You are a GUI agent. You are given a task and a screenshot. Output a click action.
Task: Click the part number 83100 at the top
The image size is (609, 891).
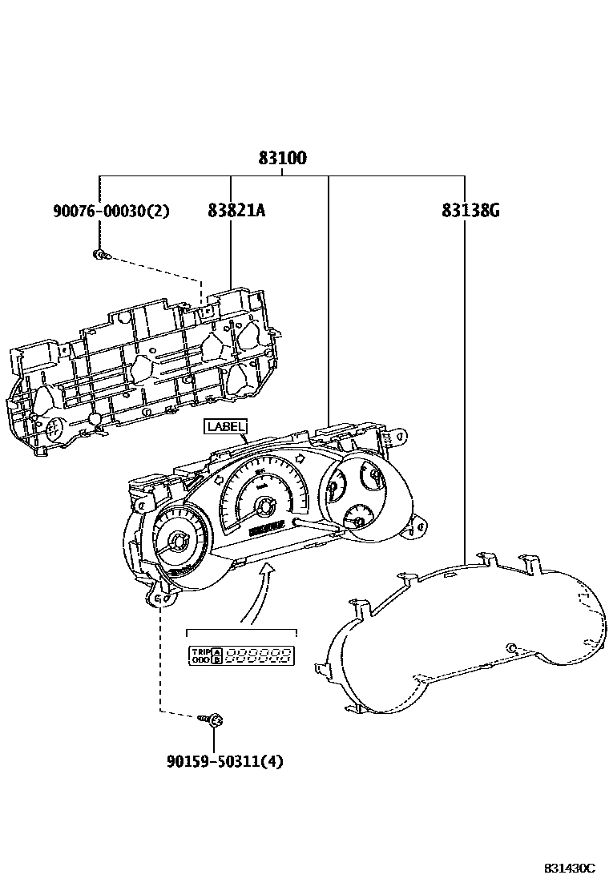[282, 159]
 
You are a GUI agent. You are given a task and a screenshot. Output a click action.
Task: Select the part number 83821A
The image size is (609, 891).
[236, 211]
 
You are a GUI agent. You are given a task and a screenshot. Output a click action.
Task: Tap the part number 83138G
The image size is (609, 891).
[470, 211]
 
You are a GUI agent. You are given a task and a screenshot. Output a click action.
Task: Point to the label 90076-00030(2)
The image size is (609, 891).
[111, 211]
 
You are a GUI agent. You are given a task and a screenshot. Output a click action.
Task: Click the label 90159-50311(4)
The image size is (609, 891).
[225, 761]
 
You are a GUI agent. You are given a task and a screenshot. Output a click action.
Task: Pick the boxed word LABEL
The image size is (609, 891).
[226, 426]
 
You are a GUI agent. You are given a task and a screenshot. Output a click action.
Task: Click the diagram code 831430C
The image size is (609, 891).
[570, 869]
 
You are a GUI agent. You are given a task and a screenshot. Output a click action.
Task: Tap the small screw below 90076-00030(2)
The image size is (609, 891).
[99, 256]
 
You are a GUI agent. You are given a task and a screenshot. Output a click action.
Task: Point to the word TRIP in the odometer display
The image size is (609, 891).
[199, 651]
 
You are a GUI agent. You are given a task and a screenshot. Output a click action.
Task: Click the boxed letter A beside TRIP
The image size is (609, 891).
[216, 651]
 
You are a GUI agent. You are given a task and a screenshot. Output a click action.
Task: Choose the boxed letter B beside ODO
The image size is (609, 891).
[216, 661]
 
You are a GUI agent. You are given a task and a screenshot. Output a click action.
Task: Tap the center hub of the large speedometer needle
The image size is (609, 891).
[264, 505]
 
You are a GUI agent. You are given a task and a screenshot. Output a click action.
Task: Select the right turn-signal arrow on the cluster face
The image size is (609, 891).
[300, 458]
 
